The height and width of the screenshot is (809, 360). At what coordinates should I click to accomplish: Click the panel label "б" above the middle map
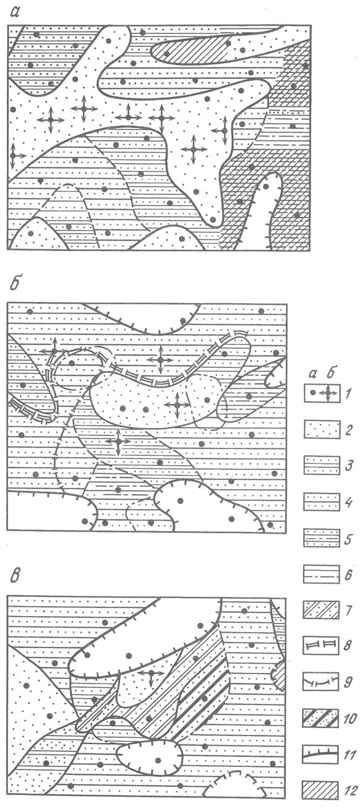click(x=16, y=283)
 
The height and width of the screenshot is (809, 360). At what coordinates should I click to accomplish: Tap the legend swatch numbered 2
click(x=322, y=429)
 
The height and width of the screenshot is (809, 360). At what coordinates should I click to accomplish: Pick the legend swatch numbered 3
click(x=322, y=465)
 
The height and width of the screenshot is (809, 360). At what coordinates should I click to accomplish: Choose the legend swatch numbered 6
click(x=322, y=573)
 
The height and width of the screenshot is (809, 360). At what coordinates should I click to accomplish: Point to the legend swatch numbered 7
click(x=322, y=610)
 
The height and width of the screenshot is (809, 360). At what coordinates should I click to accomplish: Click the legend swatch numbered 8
click(x=322, y=645)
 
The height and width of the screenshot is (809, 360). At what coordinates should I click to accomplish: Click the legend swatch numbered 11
click(x=322, y=754)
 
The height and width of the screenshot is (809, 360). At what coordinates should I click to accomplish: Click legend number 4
click(x=348, y=502)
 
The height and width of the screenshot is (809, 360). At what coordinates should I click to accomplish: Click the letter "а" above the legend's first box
click(x=313, y=374)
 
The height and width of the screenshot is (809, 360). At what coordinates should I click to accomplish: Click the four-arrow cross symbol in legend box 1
click(x=328, y=393)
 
